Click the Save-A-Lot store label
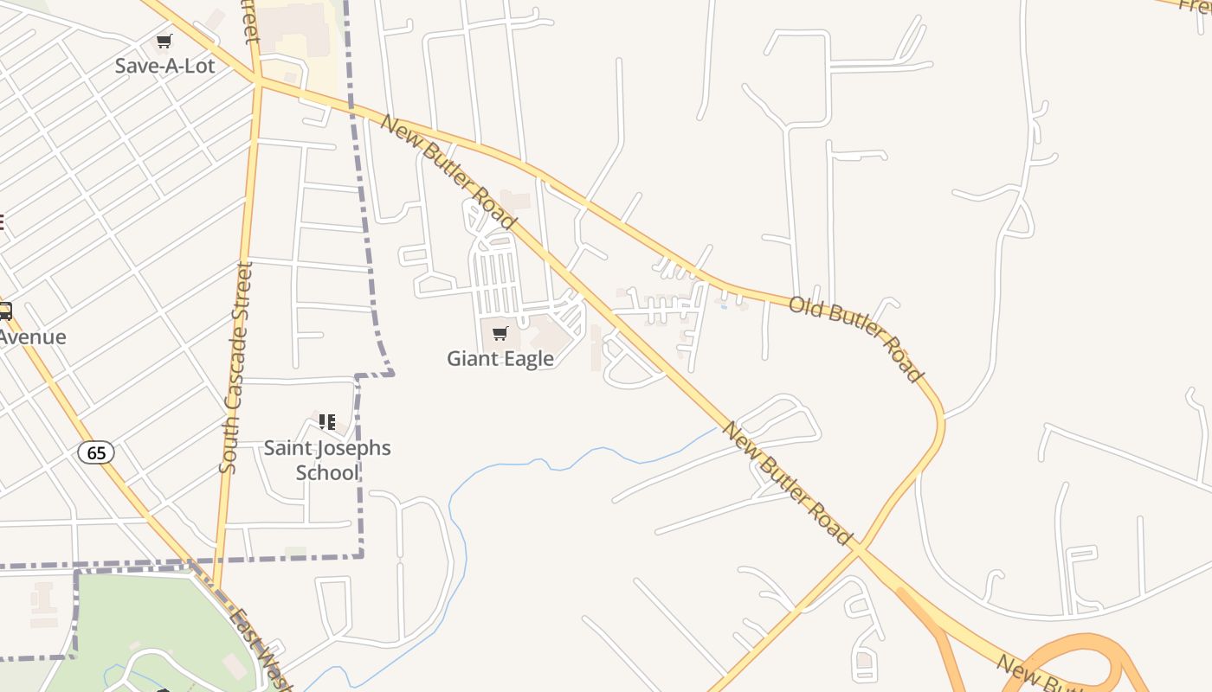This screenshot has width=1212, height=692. click(164, 65)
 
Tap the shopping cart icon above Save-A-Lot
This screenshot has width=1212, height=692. click(164, 41)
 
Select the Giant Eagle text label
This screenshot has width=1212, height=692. click(500, 358)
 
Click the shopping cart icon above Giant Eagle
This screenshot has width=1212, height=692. click(500, 334)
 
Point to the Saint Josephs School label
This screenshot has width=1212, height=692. click(327, 460)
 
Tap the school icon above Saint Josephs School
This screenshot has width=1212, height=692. click(327, 422)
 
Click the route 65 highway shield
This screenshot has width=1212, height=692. click(95, 452)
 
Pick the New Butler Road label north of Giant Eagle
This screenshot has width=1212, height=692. click(448, 173)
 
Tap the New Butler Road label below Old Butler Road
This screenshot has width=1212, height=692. click(788, 483)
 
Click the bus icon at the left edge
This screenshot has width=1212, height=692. click(4, 311)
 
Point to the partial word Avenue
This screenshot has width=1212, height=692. click(33, 337)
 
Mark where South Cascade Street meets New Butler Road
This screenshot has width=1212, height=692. click(258, 80)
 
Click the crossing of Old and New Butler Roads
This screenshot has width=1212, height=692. click(857, 549)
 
